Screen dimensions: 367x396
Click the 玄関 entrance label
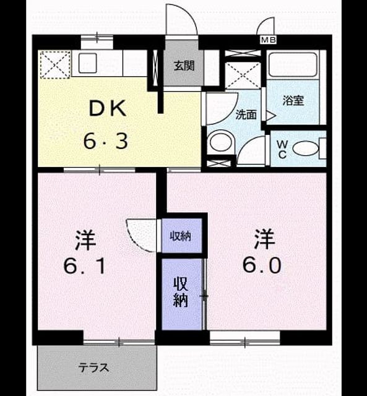[x=184, y=66]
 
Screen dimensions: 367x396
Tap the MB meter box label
[x=268, y=40]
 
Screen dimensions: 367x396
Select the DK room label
[x=107, y=109]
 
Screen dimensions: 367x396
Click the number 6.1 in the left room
[x=84, y=267]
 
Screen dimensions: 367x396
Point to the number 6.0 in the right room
[x=262, y=265]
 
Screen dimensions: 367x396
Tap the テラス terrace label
[x=93, y=368]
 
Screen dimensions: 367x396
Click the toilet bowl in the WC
[x=306, y=149]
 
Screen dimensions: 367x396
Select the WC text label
[x=282, y=150]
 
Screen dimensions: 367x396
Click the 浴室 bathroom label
[x=293, y=101]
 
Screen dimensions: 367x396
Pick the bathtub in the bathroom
[x=293, y=64]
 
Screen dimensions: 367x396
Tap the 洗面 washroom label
[x=246, y=115]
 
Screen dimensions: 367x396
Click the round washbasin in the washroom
[x=221, y=142]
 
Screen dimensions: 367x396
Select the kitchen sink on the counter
[x=88, y=63]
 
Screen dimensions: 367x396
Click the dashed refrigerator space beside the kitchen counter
[x=55, y=64]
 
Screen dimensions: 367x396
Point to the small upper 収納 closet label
[x=180, y=236]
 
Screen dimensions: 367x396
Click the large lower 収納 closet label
[x=181, y=292]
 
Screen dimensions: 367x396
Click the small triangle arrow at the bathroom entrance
[x=270, y=116]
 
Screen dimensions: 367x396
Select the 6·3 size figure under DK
[x=106, y=142]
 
